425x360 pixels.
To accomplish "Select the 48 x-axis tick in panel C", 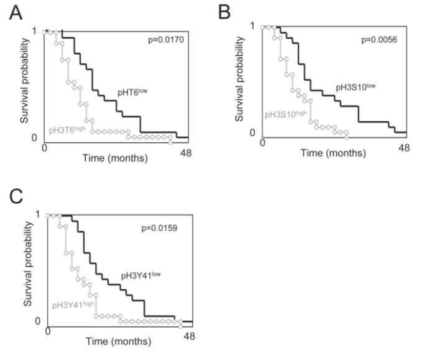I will click(190, 336).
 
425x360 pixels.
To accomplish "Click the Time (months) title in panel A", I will click(115, 159).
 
